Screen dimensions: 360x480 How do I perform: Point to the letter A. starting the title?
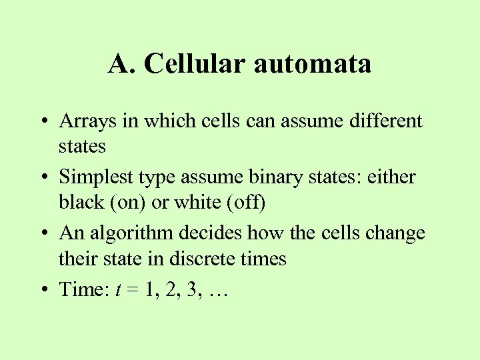point(122,64)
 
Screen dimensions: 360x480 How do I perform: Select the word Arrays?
point(83,121)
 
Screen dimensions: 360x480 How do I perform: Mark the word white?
point(195,202)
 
